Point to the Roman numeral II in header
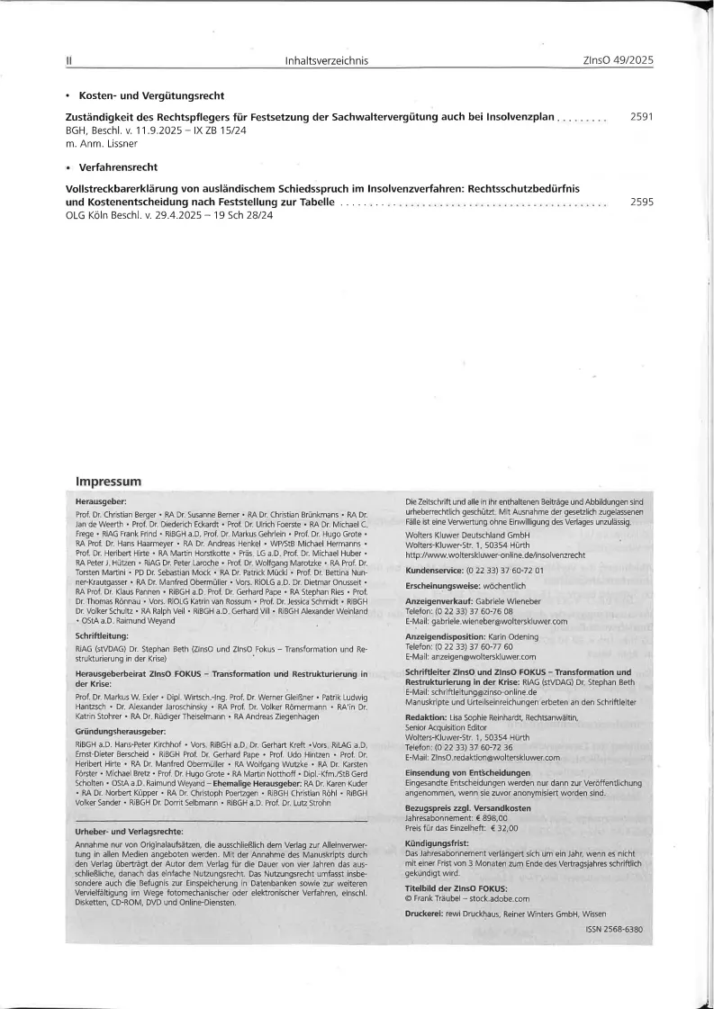click(68, 60)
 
